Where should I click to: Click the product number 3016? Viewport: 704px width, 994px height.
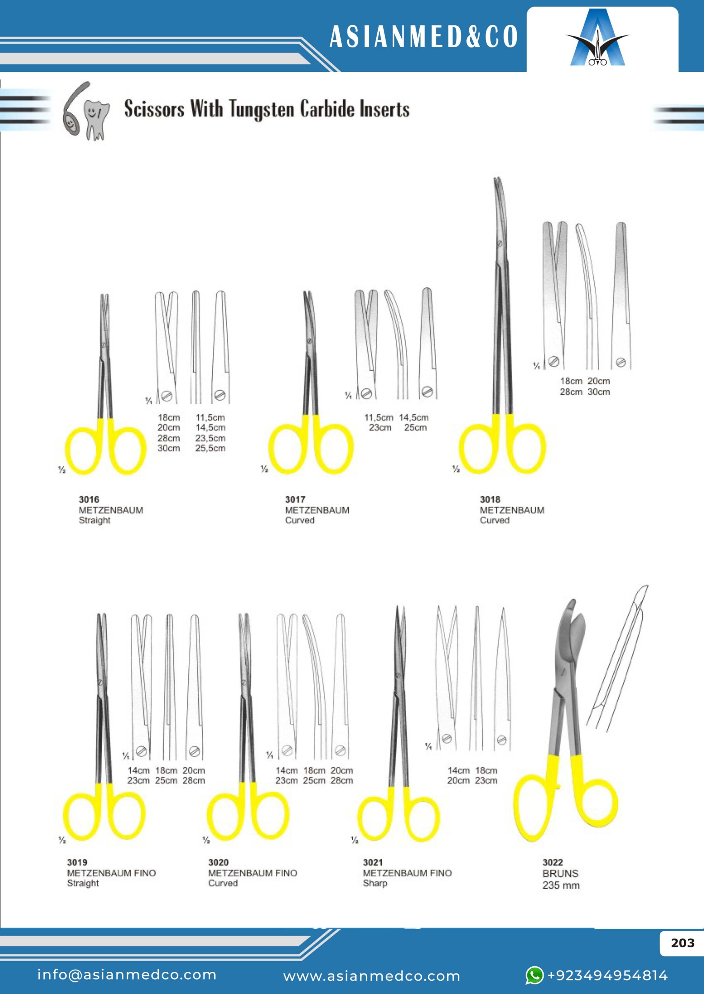(89, 499)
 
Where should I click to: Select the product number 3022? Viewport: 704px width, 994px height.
(553, 862)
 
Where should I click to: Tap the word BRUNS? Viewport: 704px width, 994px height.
(560, 874)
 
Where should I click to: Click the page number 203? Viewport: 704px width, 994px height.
(683, 943)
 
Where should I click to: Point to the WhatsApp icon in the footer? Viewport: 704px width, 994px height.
(534, 975)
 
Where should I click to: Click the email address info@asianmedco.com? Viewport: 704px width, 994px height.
(127, 975)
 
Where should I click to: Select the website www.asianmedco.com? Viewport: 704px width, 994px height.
(372, 976)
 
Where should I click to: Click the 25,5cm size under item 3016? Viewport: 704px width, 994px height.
(210, 448)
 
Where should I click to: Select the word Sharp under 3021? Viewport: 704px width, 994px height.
(375, 883)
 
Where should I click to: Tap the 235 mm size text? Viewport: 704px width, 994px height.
(561, 885)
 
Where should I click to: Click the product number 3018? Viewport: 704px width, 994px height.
(490, 499)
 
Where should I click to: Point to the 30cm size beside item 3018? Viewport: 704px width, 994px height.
(599, 392)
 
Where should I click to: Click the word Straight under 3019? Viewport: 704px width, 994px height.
(83, 883)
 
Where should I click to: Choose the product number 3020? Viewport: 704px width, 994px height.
(218, 862)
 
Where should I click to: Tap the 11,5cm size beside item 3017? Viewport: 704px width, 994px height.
(379, 417)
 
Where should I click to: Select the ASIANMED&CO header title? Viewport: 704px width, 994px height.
(424, 36)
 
